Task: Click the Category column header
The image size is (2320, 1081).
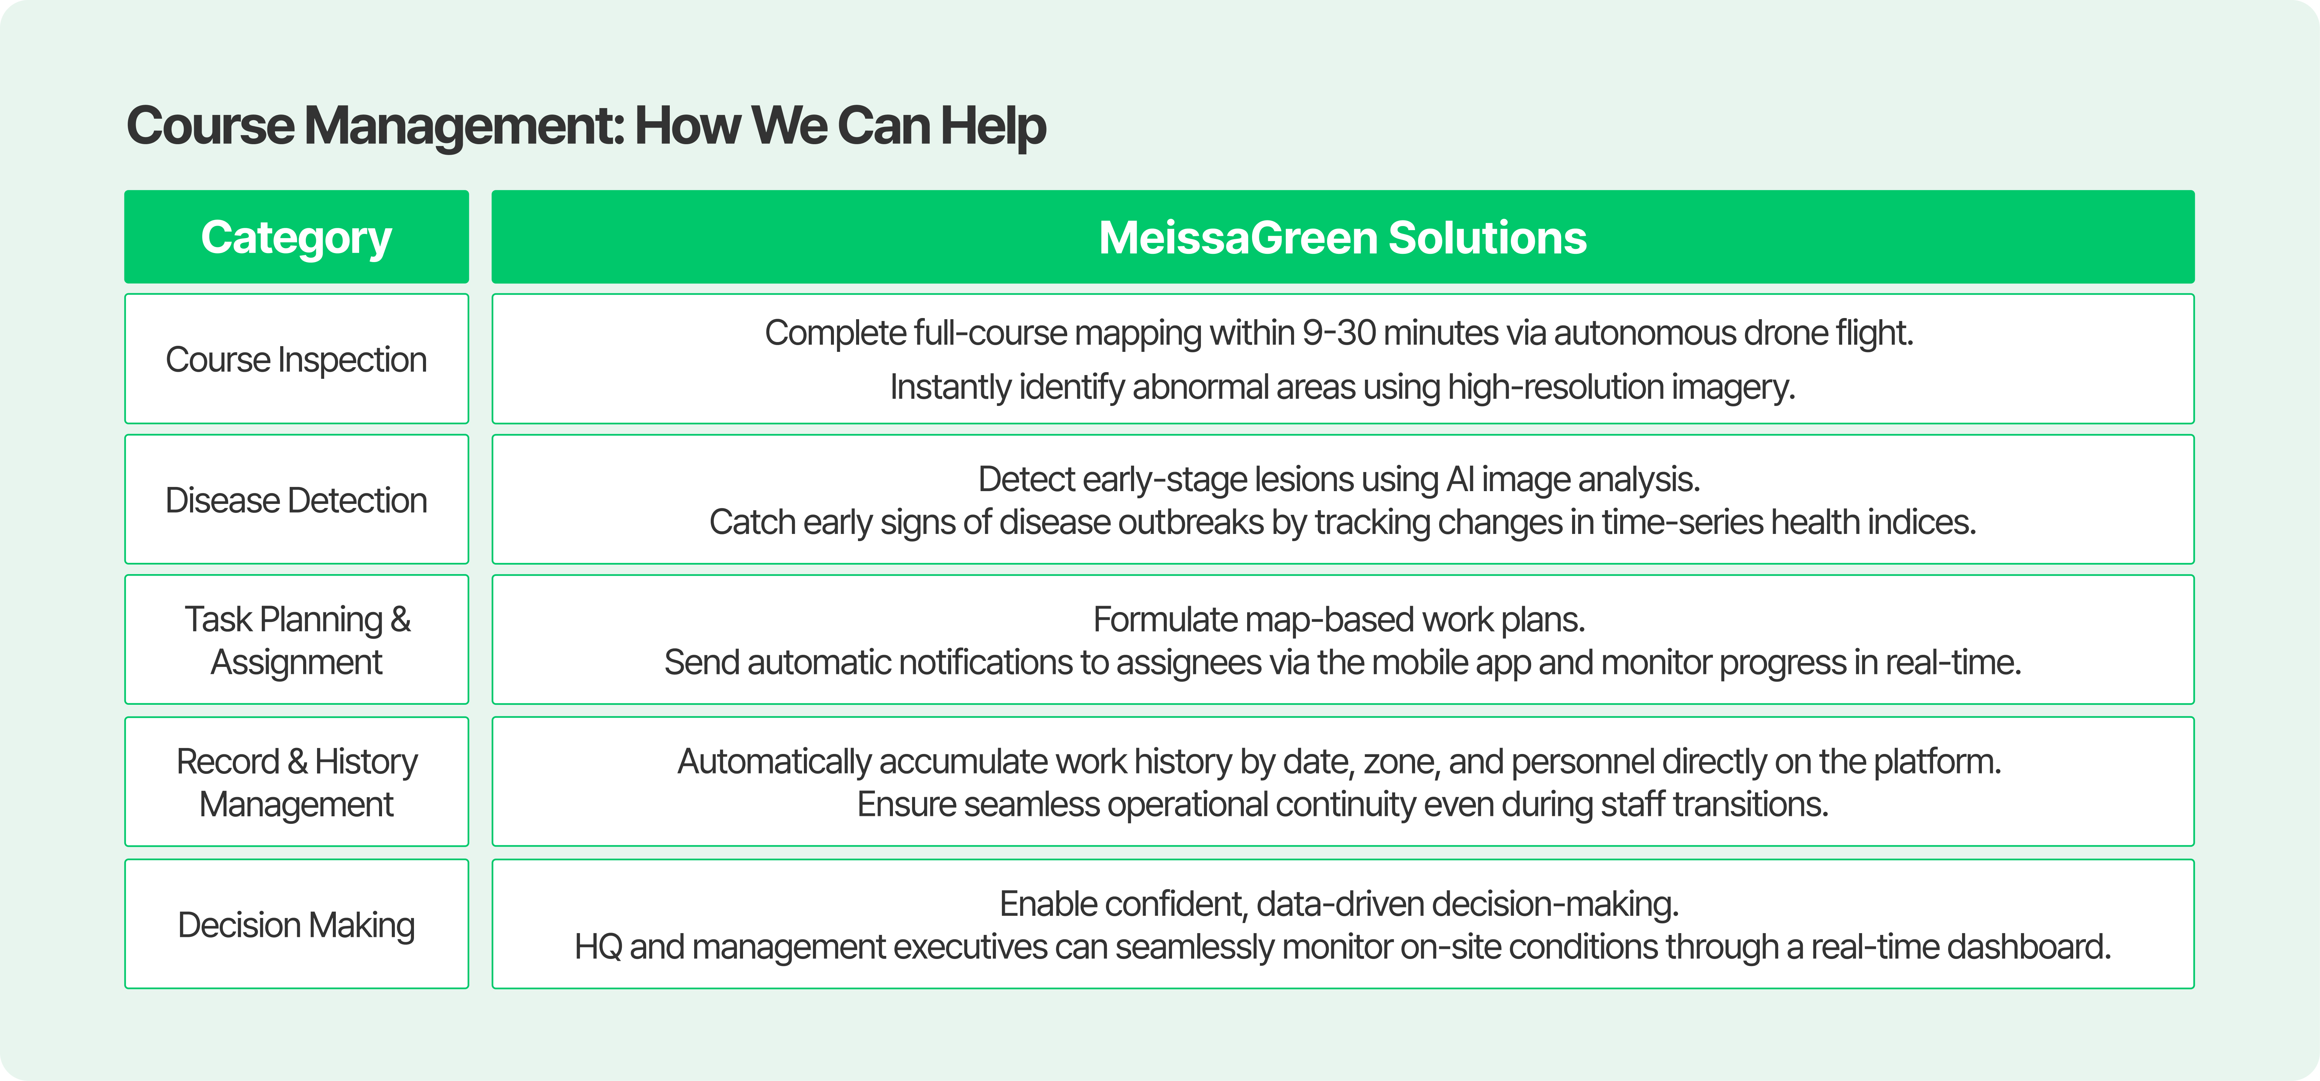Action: pyautogui.click(x=296, y=238)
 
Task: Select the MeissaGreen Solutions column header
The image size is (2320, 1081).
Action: pyautogui.click(x=1342, y=238)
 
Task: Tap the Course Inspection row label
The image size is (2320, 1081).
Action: pyautogui.click(x=296, y=359)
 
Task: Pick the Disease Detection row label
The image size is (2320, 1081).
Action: pyautogui.click(x=296, y=501)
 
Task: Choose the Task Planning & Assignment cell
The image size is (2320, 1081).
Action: pyautogui.click(x=296, y=640)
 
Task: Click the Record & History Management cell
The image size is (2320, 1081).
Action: pyautogui.click(x=296, y=782)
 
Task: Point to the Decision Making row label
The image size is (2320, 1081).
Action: pyautogui.click(x=296, y=924)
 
